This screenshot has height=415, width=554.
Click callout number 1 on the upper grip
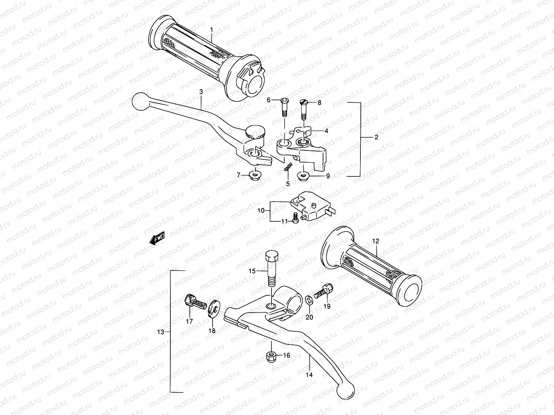pos(212,30)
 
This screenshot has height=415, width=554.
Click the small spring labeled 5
pos(287,167)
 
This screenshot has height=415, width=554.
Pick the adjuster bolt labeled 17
pos(193,302)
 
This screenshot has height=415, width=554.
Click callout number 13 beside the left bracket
pos(160,332)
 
